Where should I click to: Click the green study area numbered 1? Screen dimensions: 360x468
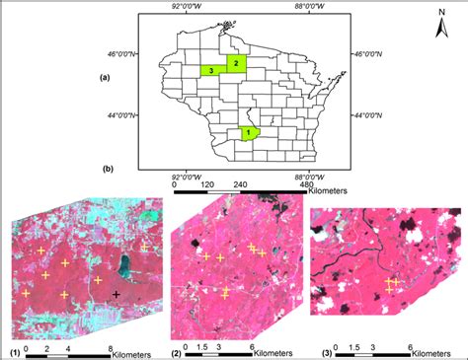(249, 131)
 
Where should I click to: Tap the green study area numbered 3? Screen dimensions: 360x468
(212, 71)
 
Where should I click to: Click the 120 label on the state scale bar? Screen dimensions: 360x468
(206, 183)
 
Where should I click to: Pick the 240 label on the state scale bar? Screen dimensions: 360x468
(240, 183)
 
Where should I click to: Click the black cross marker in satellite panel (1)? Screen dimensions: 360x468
(117, 295)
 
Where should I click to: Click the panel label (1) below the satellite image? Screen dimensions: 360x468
(15, 351)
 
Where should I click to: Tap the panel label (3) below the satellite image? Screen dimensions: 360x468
(317, 351)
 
